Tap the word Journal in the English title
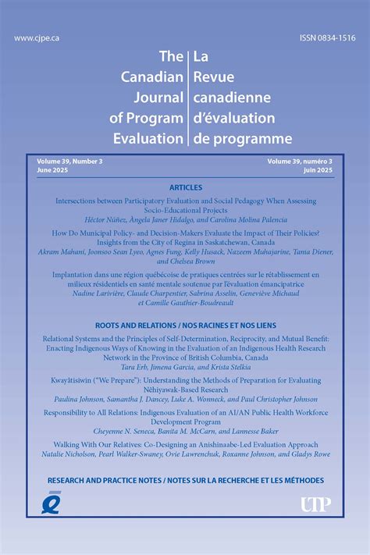pyautogui.click(x=160, y=98)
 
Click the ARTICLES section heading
pyautogui.click(x=185, y=188)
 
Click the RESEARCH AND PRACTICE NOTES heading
pyautogui.click(x=185, y=479)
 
